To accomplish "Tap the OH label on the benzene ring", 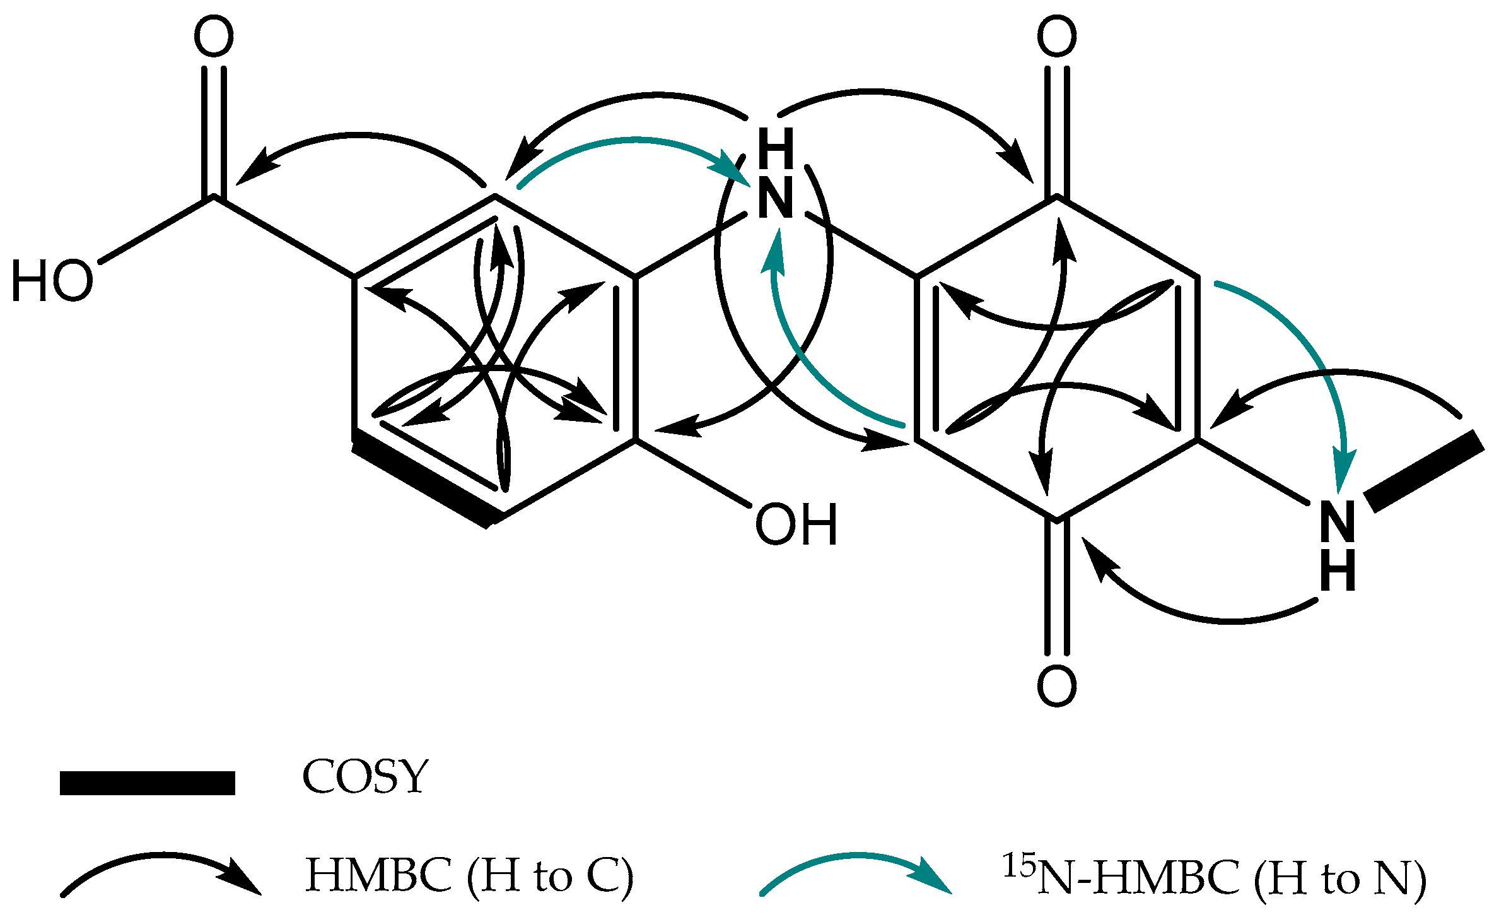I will point(796,524).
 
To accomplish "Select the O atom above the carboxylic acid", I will point(214,37).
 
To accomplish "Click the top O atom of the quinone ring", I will point(1057,37).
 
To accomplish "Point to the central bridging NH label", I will point(776,174).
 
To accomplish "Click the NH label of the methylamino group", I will point(1338,546).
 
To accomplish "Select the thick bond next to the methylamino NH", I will point(1425,471).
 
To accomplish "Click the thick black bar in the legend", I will point(147,783).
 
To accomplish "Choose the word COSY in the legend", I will point(365,777).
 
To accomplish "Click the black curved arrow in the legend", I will point(161,874).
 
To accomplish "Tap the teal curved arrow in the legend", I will point(856,874).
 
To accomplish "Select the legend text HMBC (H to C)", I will point(469,875).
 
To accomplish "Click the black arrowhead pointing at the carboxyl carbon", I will point(255,167).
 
